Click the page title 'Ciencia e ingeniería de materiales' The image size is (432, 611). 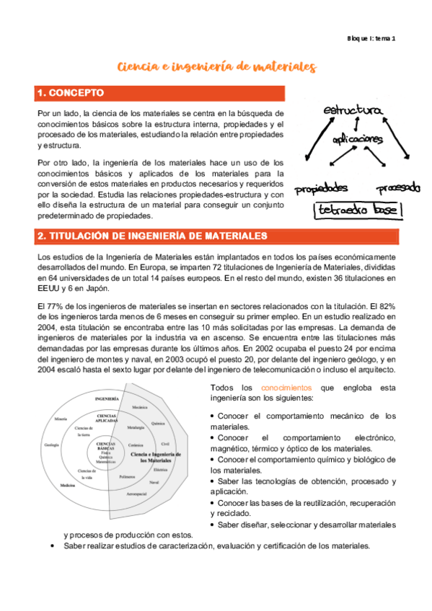216,67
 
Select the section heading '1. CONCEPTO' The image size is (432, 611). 71,93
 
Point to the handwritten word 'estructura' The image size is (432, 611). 352,111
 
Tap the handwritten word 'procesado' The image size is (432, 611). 397,188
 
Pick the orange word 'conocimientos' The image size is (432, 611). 288,387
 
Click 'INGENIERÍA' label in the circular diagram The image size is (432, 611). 107,398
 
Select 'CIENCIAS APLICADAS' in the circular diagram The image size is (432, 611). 107,419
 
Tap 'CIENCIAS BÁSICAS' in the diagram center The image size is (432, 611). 105,447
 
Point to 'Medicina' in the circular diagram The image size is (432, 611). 69,486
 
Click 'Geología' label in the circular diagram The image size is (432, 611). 51,445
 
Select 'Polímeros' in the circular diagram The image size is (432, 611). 128,477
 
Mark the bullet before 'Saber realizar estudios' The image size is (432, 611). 56,547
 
